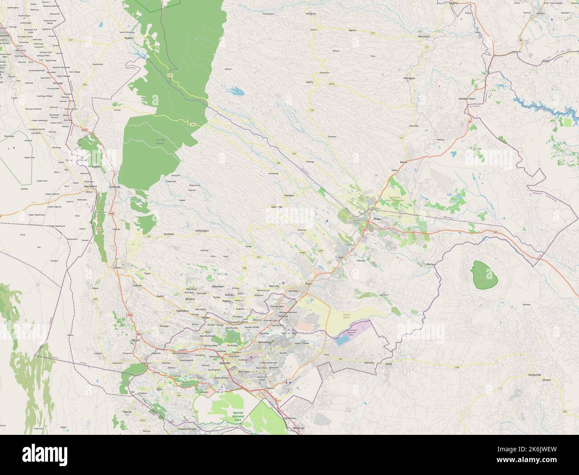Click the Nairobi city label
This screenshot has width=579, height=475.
(x=224, y=363)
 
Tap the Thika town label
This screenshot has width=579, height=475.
(x=377, y=219)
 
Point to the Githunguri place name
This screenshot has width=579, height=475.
(x=202, y=231)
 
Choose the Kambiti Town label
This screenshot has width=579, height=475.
(x=467, y=99)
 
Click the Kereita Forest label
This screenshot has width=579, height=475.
(x=160, y=142)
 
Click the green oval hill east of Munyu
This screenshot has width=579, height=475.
(x=485, y=274)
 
